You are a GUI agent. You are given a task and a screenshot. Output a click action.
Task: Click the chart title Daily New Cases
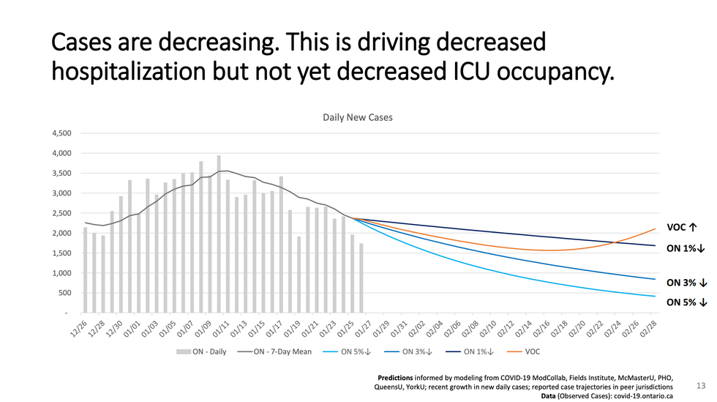click(358, 117)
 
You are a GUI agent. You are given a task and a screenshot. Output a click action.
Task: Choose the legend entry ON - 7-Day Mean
click(278, 351)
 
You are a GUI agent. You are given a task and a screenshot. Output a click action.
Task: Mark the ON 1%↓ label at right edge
click(685, 249)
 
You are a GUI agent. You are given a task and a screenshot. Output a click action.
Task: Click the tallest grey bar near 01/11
click(218, 234)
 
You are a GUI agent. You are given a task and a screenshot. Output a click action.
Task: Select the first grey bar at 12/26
click(85, 270)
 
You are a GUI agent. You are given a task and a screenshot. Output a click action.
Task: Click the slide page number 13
click(699, 384)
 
